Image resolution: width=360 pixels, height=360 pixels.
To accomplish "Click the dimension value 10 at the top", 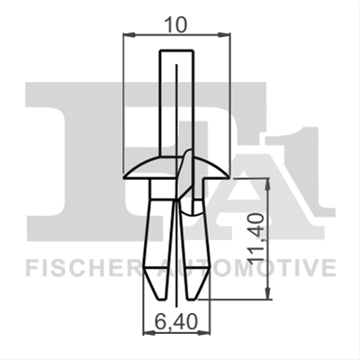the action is coord(176,25).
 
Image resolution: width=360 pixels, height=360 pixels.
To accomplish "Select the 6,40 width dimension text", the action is coord(176,321).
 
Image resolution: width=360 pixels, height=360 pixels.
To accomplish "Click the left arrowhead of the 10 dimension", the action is coord(130,35).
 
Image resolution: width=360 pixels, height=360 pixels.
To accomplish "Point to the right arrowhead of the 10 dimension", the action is coord(224,35).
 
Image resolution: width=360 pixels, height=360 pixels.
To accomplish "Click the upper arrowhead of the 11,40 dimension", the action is coord(268,184).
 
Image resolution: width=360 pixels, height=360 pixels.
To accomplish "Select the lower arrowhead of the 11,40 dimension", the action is coord(268,293).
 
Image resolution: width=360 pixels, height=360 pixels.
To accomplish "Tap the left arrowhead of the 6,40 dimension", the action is coord(149,332).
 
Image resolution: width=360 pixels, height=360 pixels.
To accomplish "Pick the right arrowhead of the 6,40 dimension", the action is coord(204,332).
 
